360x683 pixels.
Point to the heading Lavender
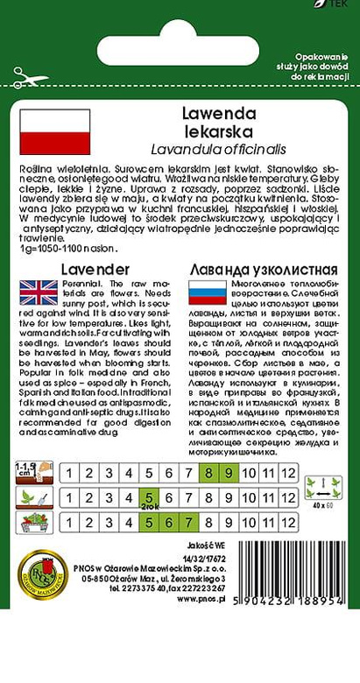[96, 269]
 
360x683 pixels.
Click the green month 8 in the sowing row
[208, 474]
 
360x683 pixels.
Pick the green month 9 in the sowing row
[229, 474]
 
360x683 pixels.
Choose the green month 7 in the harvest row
[188, 522]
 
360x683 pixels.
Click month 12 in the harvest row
[289, 522]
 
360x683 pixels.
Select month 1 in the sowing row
[68, 474]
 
